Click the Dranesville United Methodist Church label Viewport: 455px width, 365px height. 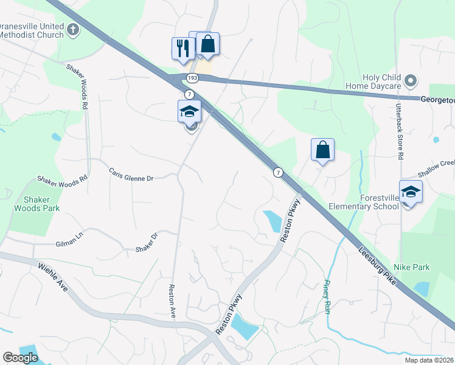pos(32,30)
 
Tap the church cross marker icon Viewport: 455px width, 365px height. pos(73,30)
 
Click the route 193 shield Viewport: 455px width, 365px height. pos(193,78)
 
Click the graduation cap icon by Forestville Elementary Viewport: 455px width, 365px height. pos(411,192)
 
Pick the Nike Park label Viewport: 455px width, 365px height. pos(412,267)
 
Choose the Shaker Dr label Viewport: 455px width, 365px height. pos(147,242)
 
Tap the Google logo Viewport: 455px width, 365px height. pos(20,358)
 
